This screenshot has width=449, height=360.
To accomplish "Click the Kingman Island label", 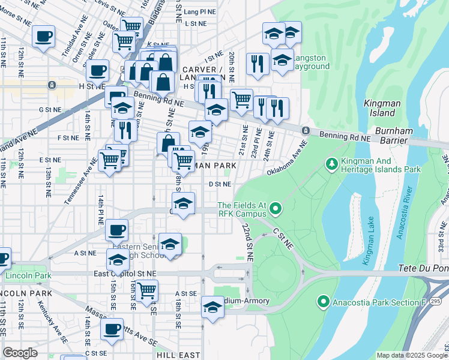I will pos(382,108).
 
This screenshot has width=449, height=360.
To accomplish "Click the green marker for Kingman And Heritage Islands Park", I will pos(330,163).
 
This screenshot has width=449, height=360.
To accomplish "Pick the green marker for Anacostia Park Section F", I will pos(324,301).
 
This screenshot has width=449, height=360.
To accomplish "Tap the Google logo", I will pos(20,352).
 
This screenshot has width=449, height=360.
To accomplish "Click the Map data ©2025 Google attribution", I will pos(411,355).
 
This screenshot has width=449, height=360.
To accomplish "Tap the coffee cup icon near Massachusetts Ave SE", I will pos(112,328).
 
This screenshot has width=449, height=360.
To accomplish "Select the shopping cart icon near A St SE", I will pos(146,290).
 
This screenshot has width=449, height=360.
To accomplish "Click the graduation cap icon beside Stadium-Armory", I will pos(212,307).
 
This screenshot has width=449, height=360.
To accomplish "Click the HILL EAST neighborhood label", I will pos(178,355).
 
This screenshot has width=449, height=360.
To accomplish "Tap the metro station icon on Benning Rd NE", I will pos(306,131).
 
